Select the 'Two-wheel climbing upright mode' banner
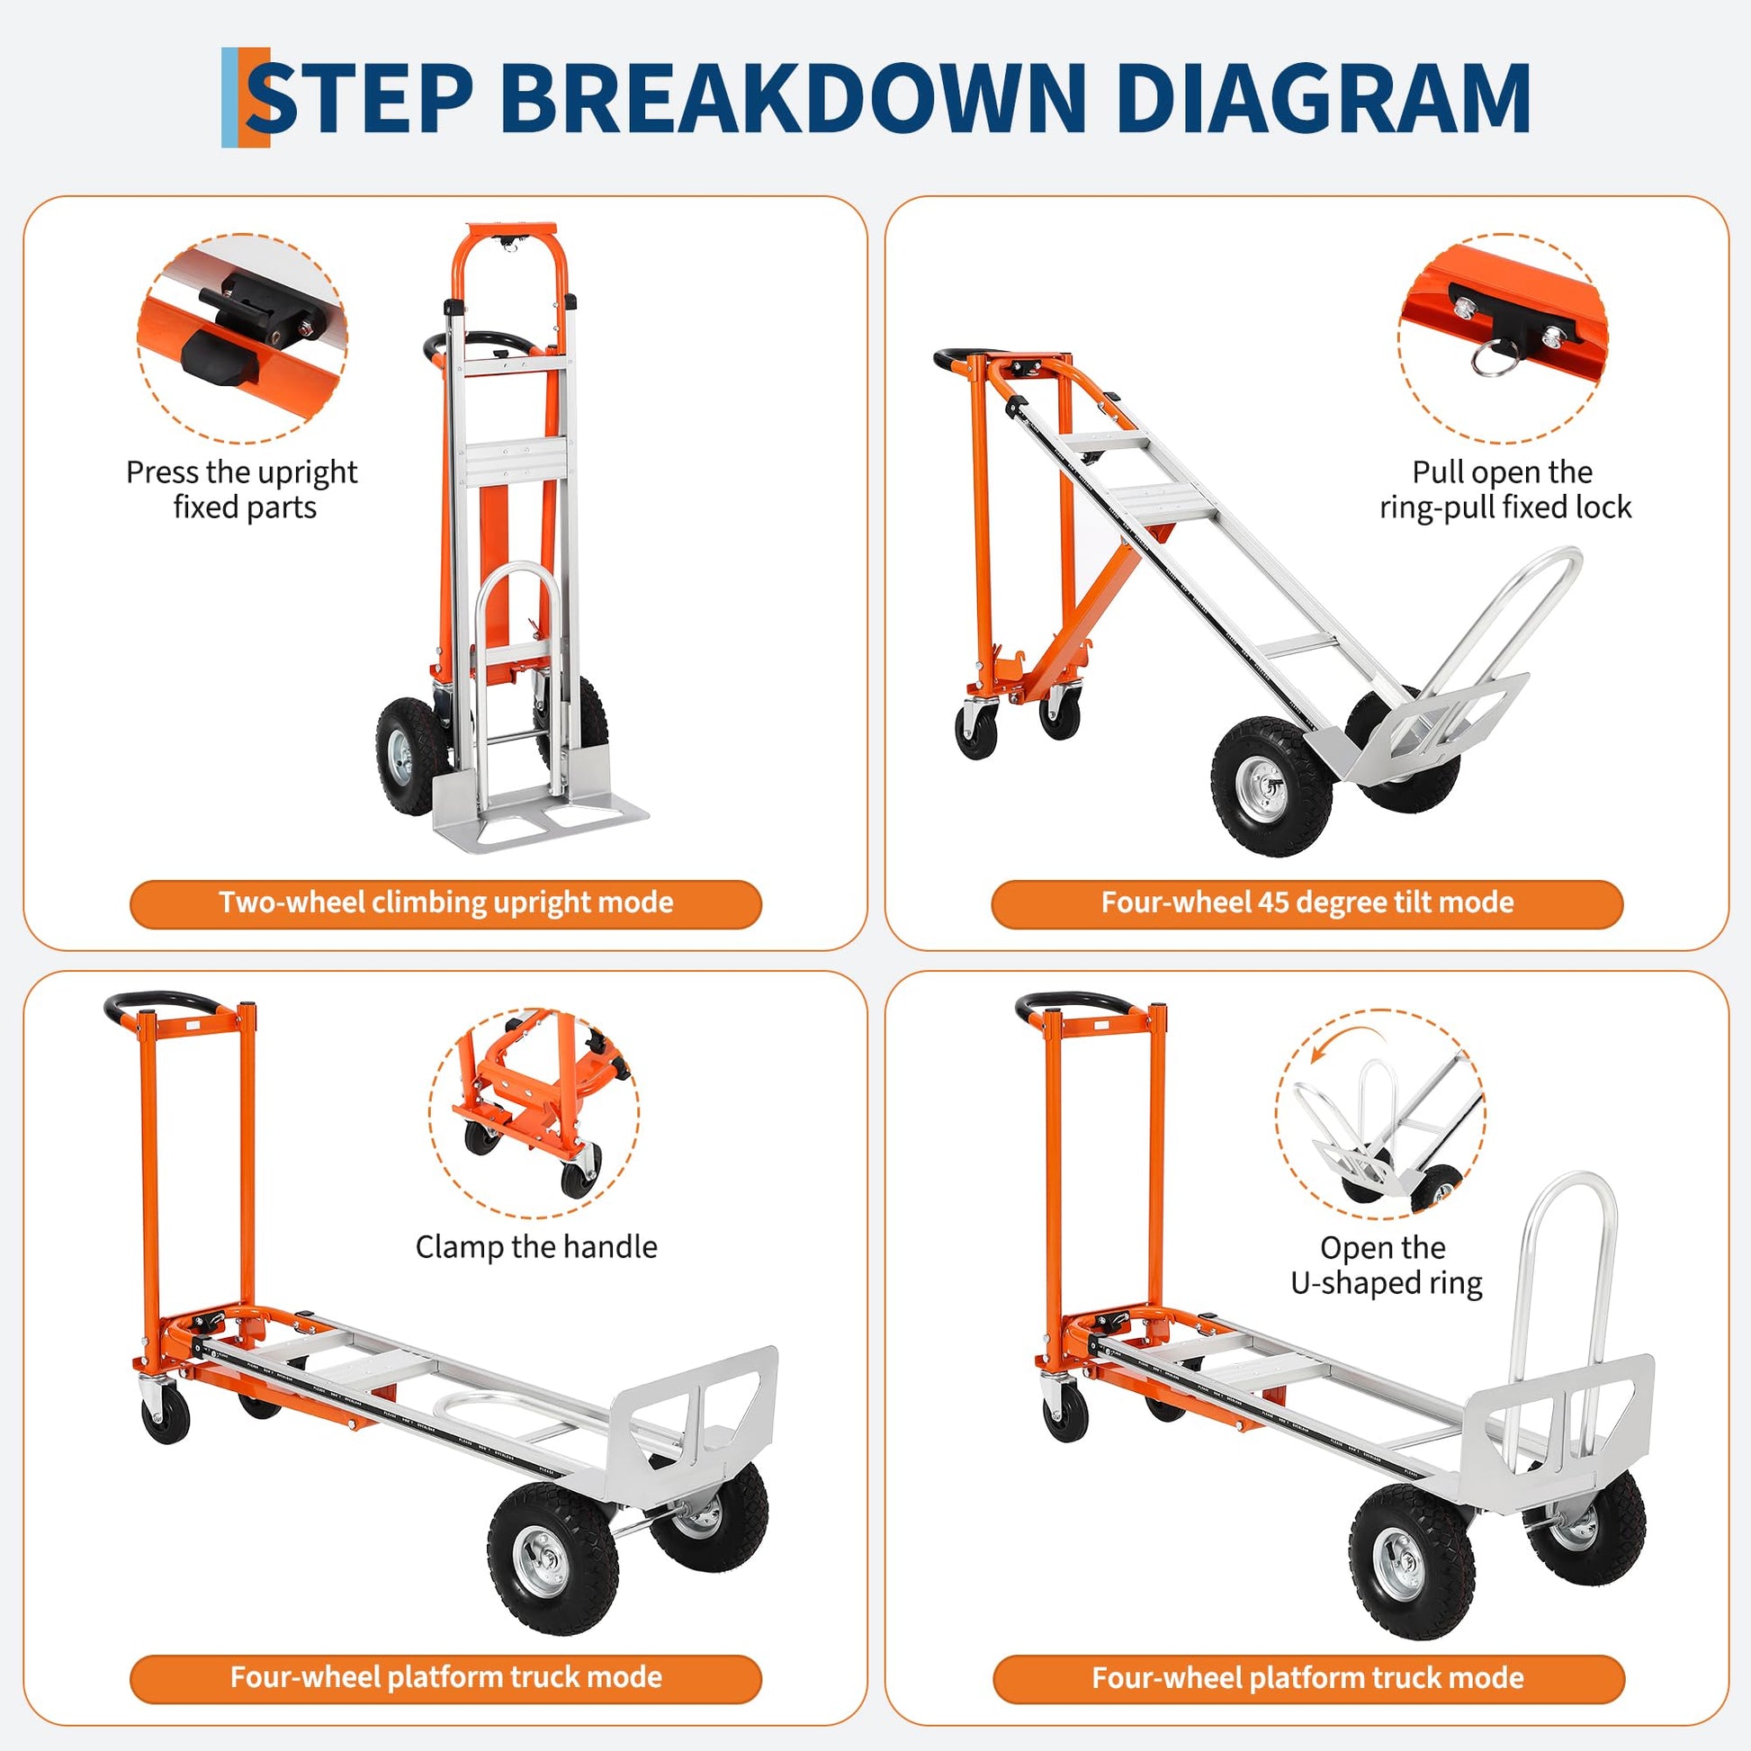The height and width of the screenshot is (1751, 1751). [x=445, y=902]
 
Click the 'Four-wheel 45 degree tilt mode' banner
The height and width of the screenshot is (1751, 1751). [x=1307, y=902]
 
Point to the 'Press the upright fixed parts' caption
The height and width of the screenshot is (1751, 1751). [x=242, y=489]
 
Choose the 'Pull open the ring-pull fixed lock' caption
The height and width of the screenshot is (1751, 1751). [x=1504, y=489]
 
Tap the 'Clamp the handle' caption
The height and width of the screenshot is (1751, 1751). [x=535, y=1247]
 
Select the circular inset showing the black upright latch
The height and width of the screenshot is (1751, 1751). [x=242, y=338]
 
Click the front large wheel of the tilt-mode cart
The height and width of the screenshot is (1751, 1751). [x=1271, y=785]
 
